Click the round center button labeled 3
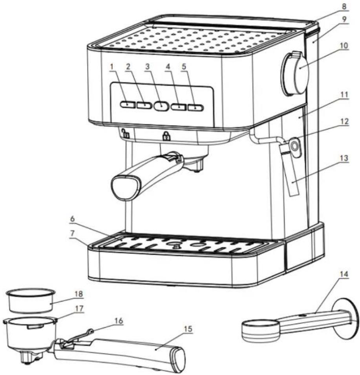pyautogui.click(x=161, y=106)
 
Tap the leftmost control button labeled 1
pyautogui.click(x=128, y=105)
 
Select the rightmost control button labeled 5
pyautogui.click(x=196, y=108)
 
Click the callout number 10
pyautogui.click(x=344, y=46)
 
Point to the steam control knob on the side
pyautogui.click(x=294, y=74)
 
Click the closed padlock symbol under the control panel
pyautogui.click(x=166, y=136)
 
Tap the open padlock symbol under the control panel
pyautogui.click(x=125, y=133)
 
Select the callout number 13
pyautogui.click(x=344, y=158)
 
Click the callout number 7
pyautogui.click(x=73, y=233)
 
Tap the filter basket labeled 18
pyautogui.click(x=31, y=300)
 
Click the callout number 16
pyautogui.click(x=119, y=321)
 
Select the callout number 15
pyautogui.click(x=188, y=329)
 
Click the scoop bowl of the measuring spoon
pyautogui.click(x=261, y=330)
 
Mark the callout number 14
pyautogui.click(x=344, y=274)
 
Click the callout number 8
pyautogui.click(x=344, y=6)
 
